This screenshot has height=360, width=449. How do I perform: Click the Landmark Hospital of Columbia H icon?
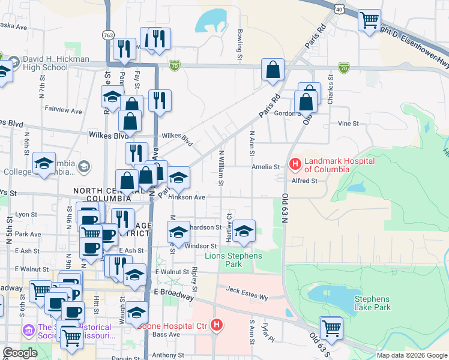point(295,163)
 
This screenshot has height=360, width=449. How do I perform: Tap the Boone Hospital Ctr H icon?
point(217,326)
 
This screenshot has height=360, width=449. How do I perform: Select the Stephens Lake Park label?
point(372,303)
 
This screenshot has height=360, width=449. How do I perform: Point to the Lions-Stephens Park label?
point(232,260)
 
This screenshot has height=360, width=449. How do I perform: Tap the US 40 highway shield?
point(340,9)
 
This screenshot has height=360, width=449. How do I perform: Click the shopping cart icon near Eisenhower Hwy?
point(369,21)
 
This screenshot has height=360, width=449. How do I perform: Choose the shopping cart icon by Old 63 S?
point(331,328)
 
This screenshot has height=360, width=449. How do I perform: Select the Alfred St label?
point(304,181)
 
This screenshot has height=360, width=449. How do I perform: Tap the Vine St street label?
point(348,124)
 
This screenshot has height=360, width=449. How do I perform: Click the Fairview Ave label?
point(63,110)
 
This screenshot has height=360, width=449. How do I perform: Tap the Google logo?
point(20,353)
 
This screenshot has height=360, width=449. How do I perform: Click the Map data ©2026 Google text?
point(411,355)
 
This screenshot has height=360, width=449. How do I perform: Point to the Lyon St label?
point(26,214)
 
